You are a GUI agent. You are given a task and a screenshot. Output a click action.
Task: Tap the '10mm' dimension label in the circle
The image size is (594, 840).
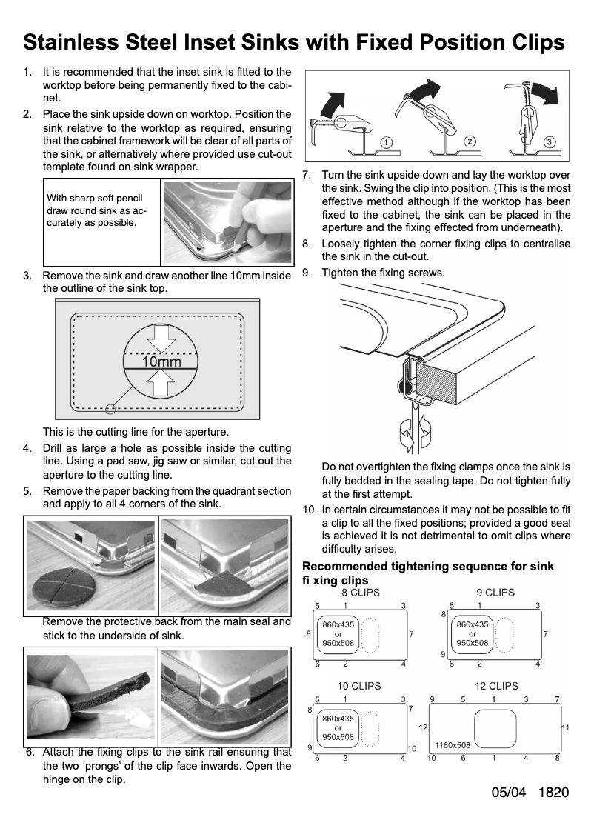pyautogui.click(x=161, y=362)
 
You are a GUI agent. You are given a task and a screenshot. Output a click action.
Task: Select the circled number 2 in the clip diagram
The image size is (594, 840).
pyautogui.click(x=470, y=141)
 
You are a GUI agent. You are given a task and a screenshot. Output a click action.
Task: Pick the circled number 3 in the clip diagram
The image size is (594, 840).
pyautogui.click(x=549, y=141)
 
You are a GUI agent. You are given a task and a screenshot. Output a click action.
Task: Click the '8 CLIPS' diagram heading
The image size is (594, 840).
pyautogui.click(x=360, y=593)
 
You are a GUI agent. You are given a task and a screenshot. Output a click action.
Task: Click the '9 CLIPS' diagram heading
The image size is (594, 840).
pyautogui.click(x=495, y=593)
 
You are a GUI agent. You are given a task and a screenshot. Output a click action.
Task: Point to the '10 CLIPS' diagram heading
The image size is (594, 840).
pyautogui.click(x=360, y=687)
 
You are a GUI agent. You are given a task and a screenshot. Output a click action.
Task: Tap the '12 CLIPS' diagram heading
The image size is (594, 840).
pyautogui.click(x=495, y=687)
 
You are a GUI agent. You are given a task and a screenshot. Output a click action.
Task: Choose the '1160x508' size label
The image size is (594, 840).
pyautogui.click(x=453, y=745)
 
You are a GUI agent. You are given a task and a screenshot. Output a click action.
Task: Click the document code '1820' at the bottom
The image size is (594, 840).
pyautogui.click(x=554, y=793)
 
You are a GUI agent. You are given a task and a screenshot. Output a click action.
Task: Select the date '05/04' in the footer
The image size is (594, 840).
pyautogui.click(x=508, y=793)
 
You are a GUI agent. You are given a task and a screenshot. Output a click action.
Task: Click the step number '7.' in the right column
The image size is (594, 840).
pyautogui.click(x=307, y=176)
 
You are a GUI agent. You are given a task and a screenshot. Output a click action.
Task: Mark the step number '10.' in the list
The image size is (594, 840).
pyautogui.click(x=310, y=510)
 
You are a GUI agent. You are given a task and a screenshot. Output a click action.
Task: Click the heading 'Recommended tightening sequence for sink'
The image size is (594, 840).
pyautogui.click(x=428, y=567)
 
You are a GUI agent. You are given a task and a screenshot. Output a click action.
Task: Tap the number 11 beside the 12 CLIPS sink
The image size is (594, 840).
pyautogui.click(x=565, y=728)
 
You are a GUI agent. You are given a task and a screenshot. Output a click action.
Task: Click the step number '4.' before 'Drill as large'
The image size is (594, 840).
pyautogui.click(x=27, y=448)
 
